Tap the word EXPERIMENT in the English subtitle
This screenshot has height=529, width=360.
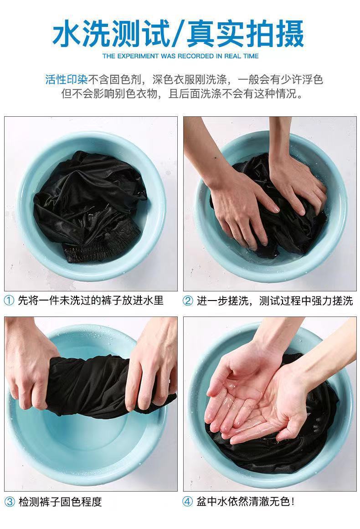136,56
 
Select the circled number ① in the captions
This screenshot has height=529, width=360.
9,301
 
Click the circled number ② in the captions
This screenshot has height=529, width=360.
188,301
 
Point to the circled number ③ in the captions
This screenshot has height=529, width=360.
9,502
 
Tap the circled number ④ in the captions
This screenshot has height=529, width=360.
188,502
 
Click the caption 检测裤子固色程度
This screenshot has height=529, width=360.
60,502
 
